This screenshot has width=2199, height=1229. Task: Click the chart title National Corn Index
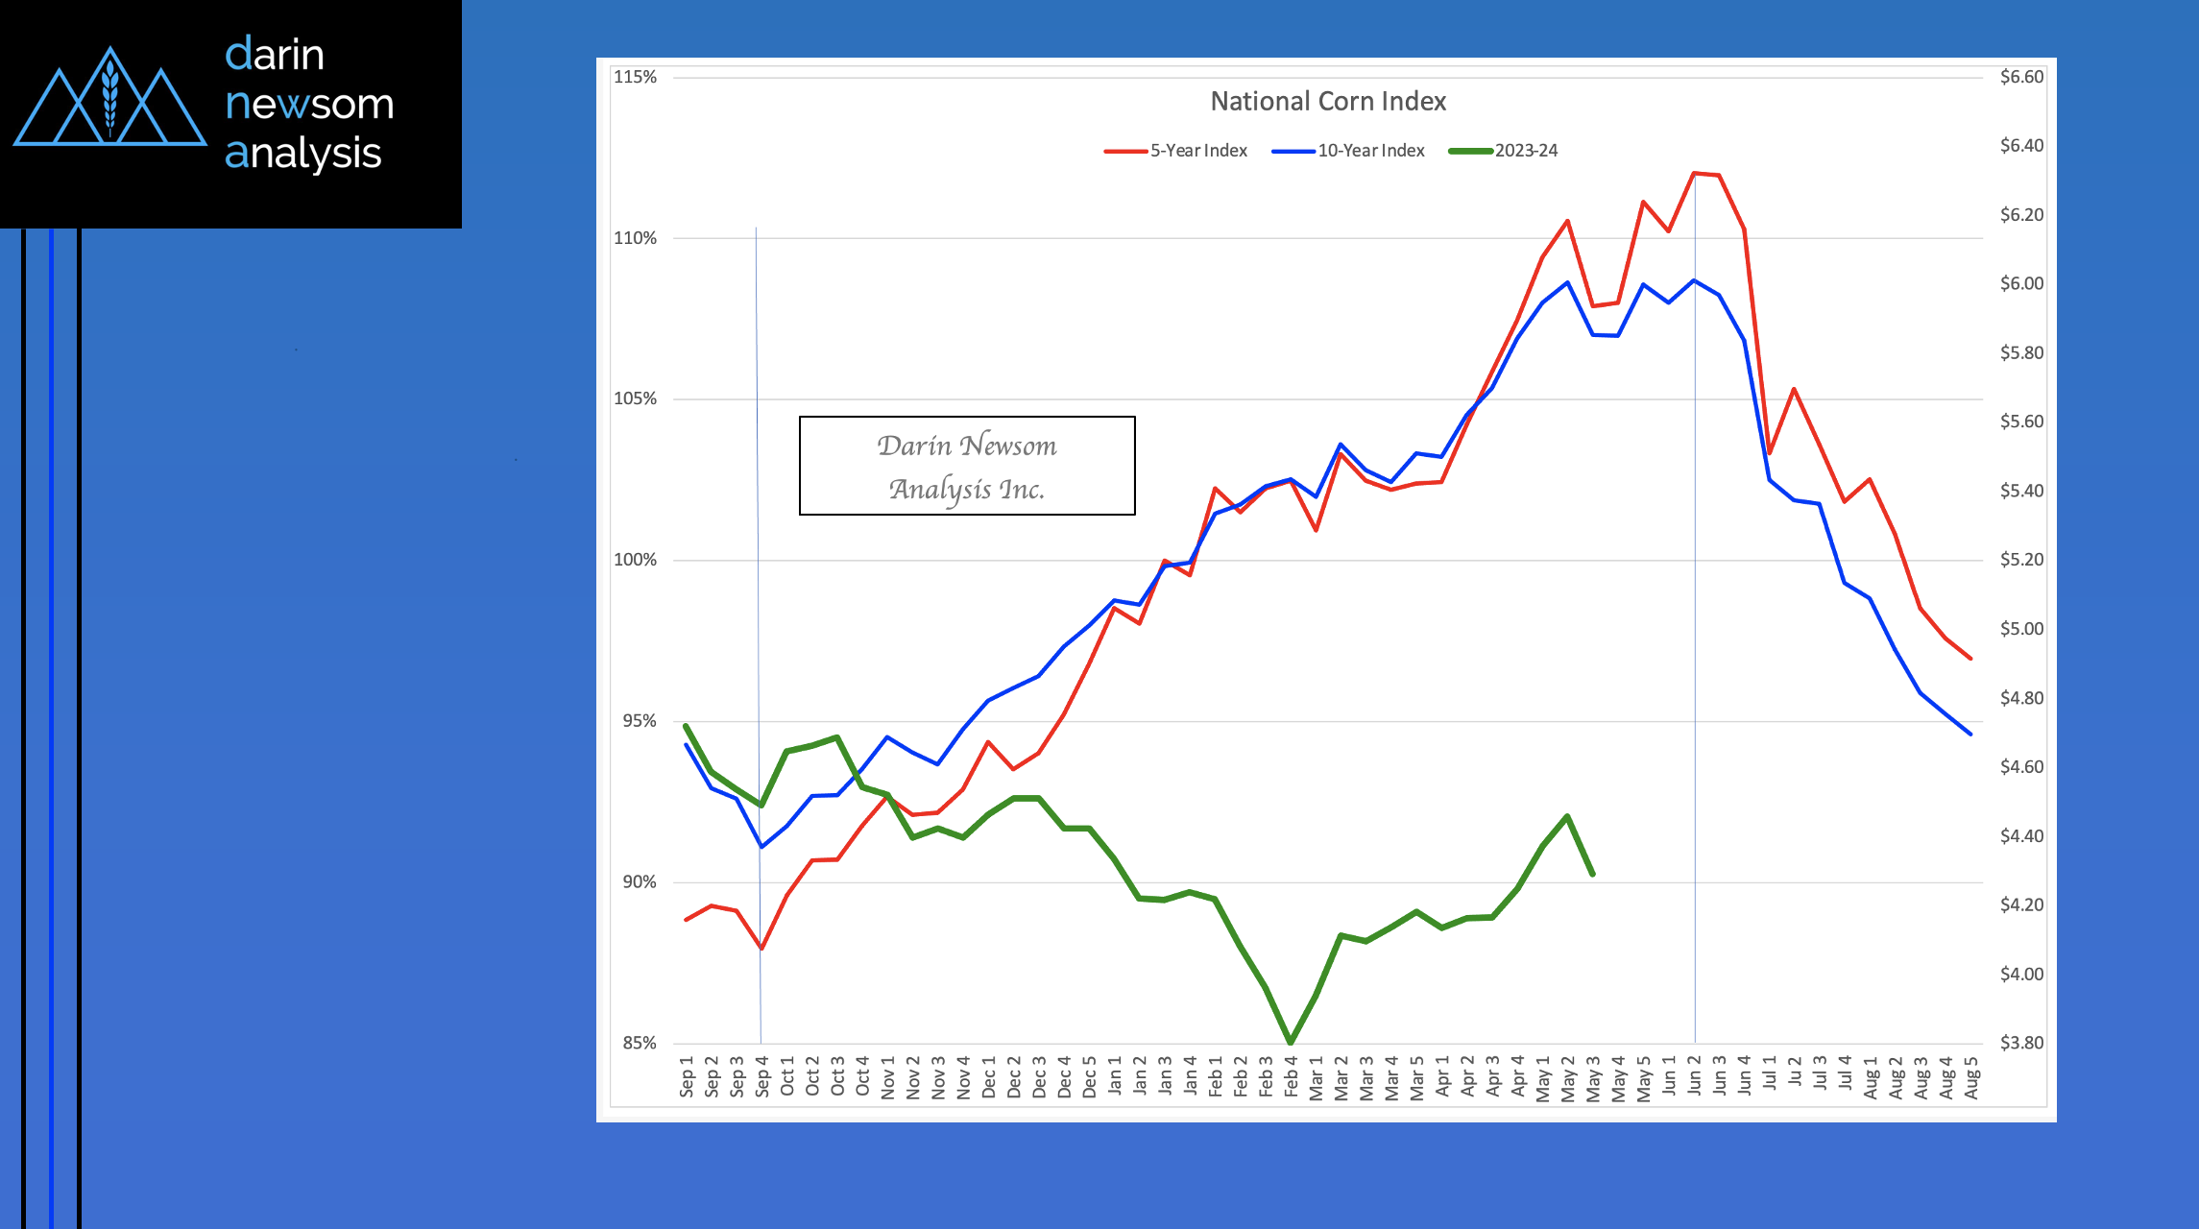coord(1328,101)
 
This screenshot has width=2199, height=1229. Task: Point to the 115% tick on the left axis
coord(635,77)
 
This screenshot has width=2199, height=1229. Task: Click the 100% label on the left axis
coord(635,560)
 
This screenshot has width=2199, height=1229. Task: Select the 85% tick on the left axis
coord(639,1043)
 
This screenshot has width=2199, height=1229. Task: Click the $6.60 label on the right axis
coord(2021,77)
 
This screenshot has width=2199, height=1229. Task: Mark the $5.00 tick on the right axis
coord(2021,629)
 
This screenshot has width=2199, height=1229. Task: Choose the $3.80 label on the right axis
coord(2021,1043)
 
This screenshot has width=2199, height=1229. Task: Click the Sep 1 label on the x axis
coord(687,1076)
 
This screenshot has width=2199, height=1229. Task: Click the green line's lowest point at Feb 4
coord(1291,1042)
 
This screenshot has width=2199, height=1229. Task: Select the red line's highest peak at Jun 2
coord(1694,173)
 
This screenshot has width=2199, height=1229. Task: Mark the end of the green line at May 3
coord(1593,874)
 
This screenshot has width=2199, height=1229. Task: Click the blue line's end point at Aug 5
coord(1970,734)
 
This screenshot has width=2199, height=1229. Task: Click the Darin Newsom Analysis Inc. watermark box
coord(967,466)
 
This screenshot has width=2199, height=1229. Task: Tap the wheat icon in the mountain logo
coord(110,96)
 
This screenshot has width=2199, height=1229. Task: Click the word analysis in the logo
coord(303,154)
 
